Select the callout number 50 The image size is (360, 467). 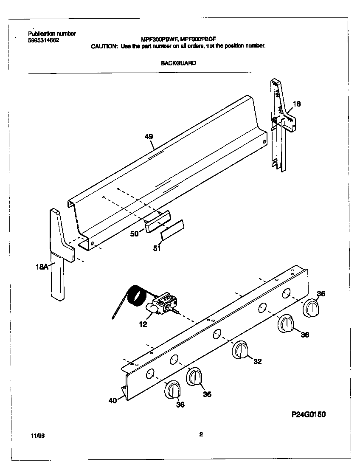point(134,233)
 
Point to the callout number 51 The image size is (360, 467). point(157,248)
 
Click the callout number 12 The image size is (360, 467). point(143,324)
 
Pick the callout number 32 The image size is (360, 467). point(257,361)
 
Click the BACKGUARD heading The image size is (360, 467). point(178,63)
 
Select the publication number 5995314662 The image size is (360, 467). point(44,40)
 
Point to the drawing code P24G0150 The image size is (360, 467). point(308,414)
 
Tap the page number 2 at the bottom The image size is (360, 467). point(201,434)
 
